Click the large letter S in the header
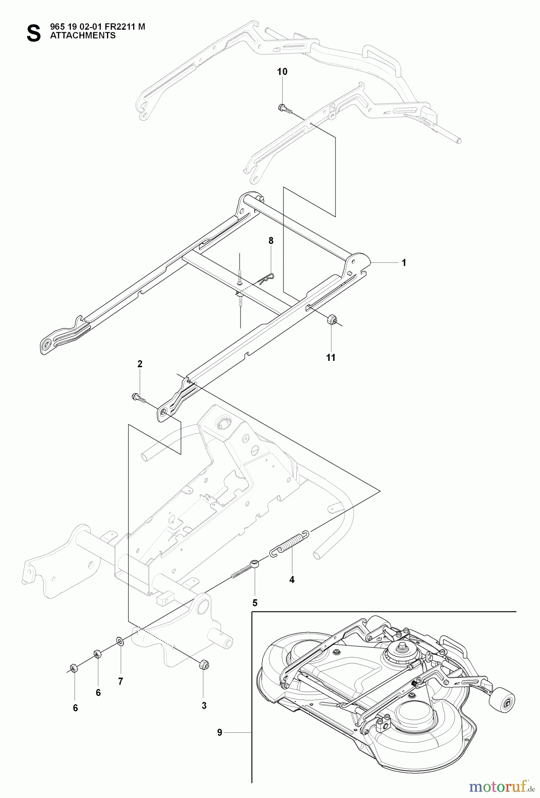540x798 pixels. [x=33, y=33]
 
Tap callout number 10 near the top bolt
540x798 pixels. [x=282, y=72]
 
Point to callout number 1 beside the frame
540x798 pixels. [x=403, y=262]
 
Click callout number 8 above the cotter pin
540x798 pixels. [x=271, y=241]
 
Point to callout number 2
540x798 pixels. [x=140, y=364]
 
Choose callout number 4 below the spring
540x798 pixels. [x=292, y=579]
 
